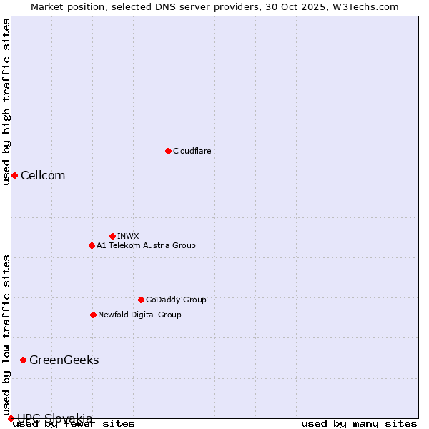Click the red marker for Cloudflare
(x=168, y=151)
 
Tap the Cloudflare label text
(x=192, y=151)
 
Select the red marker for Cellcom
(x=14, y=175)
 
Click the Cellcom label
(x=43, y=176)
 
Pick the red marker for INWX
(x=112, y=236)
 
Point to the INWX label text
(x=128, y=236)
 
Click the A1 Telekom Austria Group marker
(x=92, y=245)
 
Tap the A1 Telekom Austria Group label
(x=146, y=245)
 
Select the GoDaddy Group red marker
(x=141, y=300)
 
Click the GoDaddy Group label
(x=176, y=300)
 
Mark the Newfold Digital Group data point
(x=93, y=315)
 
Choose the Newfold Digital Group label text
(x=139, y=315)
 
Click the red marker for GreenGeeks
(x=23, y=360)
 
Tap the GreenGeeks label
(x=64, y=360)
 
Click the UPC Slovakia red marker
(x=11, y=418)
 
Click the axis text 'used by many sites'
(x=359, y=423)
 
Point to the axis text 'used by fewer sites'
(x=74, y=423)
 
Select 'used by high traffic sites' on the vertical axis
(x=7, y=102)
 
